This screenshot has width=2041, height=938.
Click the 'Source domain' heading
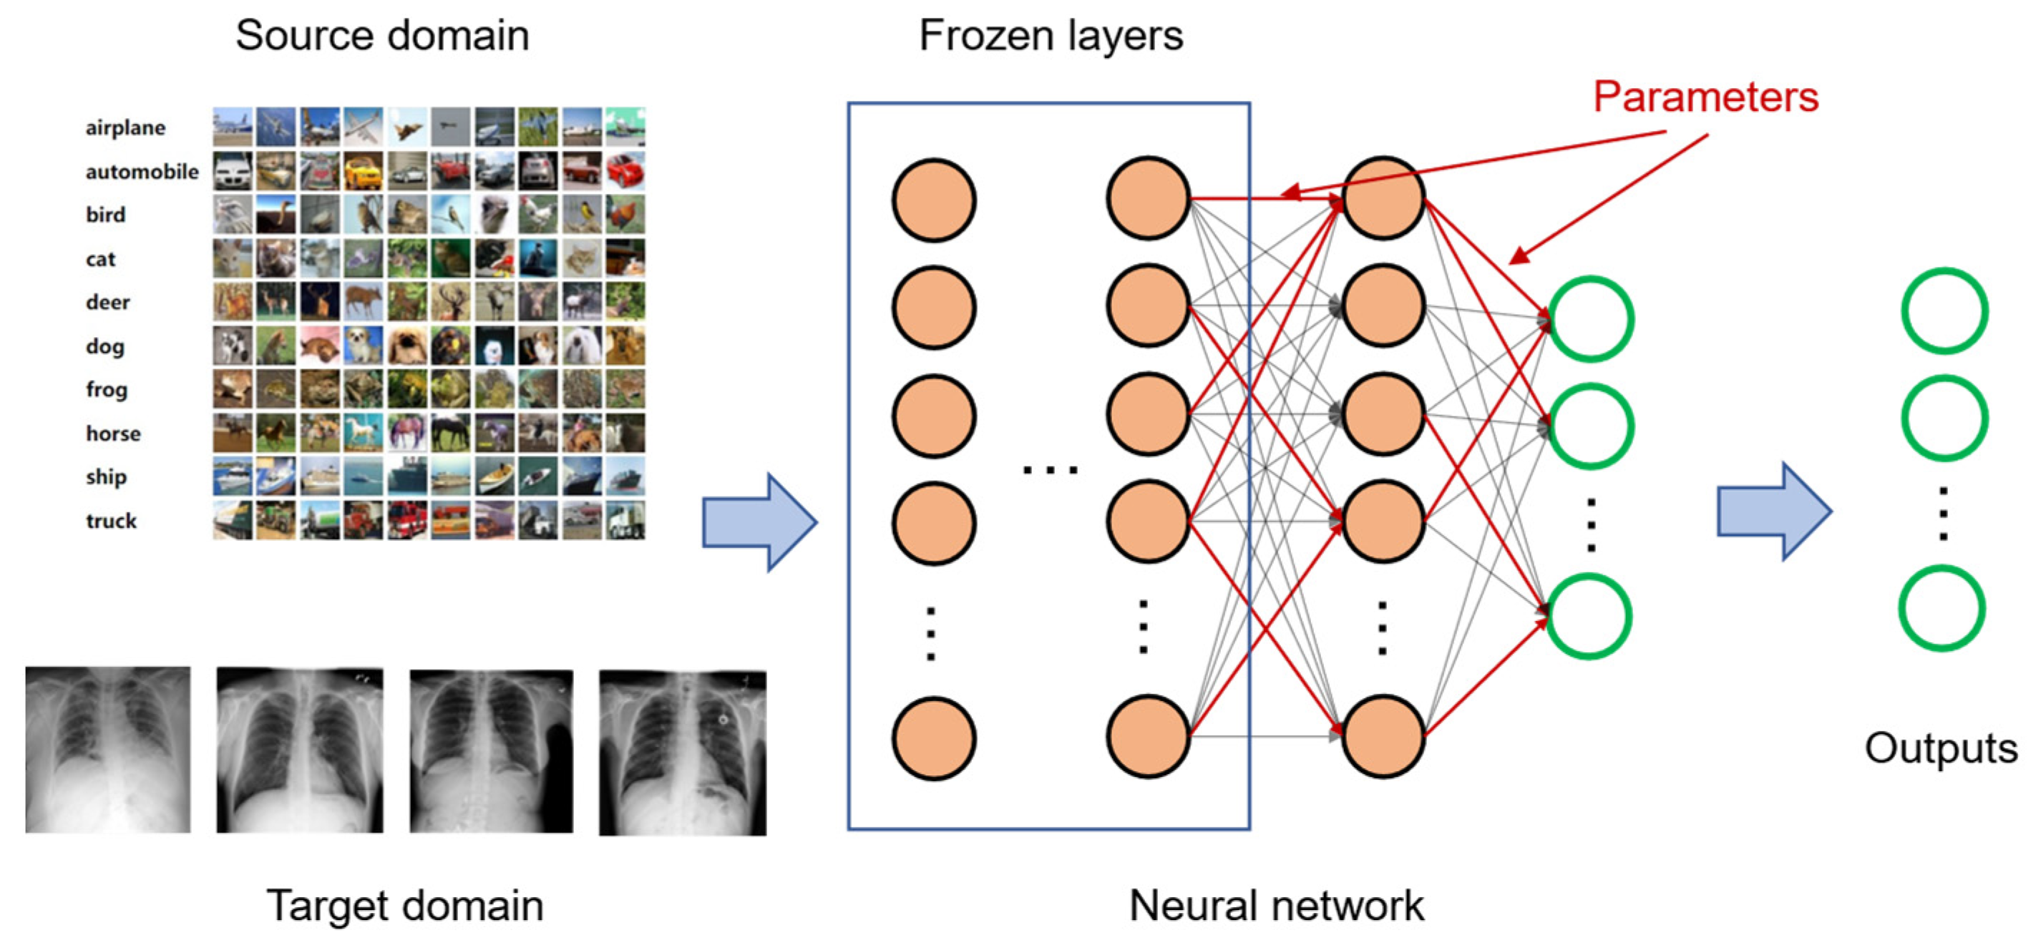pos(382,36)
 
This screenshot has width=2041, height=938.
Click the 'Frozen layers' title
pos(1051,36)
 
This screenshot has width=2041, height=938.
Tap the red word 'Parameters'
pos(1705,97)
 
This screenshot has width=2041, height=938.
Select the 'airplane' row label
pos(125,127)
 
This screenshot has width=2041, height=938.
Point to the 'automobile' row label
pos(142,171)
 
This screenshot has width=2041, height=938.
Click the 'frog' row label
pos(106,390)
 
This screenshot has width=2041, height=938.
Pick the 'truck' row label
pos(111,520)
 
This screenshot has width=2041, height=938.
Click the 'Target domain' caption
pos(405,906)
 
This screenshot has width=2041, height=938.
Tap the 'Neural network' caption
pos(1277,906)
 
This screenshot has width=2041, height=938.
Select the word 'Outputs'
pos(1940,748)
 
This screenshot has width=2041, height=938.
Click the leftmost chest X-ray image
pos(108,749)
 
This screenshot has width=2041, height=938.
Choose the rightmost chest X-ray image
pos(682,753)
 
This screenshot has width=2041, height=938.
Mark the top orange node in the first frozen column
pos(933,200)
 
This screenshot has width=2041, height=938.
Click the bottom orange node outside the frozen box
pos(1383,737)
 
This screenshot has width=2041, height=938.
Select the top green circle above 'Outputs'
pos(1944,311)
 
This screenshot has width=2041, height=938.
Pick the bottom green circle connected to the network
pos(1589,616)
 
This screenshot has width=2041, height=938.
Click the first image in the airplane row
pos(232,127)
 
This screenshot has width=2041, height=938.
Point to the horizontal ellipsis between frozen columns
pos(1050,470)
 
